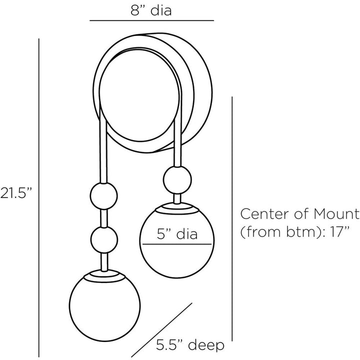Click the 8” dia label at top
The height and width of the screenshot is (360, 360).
151,10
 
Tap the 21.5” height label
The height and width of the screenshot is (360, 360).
15,192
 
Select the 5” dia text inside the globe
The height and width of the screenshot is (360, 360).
177,234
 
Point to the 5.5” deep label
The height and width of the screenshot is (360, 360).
190,345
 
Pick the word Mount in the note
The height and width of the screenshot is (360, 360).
336,214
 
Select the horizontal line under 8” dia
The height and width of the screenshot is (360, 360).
152,20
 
